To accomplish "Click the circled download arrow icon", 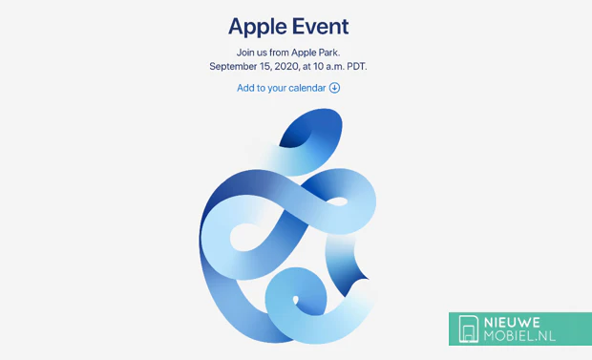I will point(334,88).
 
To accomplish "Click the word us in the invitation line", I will point(264,52).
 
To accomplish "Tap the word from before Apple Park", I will point(284,52).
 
